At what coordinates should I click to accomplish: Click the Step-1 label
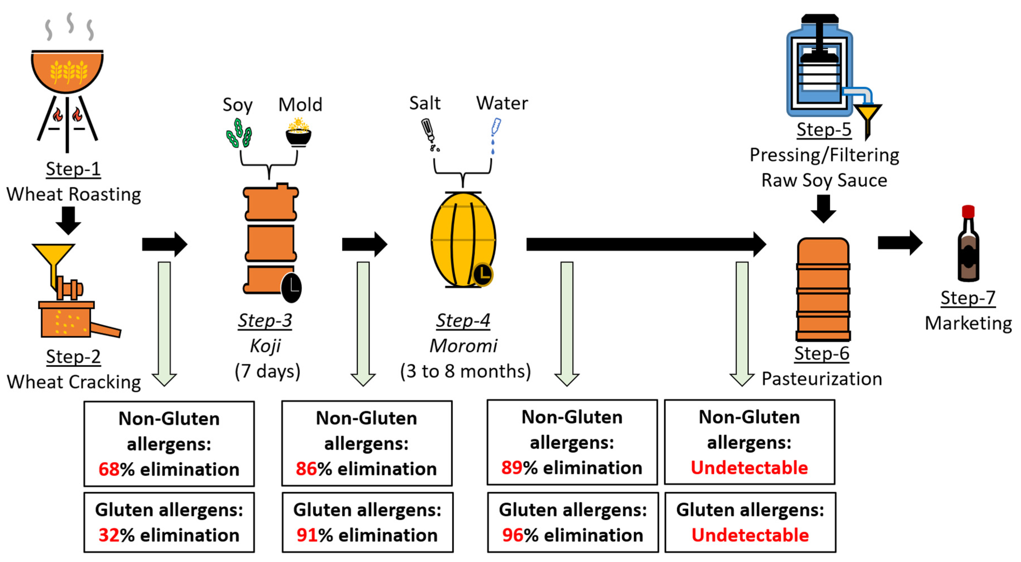(x=73, y=169)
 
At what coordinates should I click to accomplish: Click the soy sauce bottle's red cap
(x=968, y=211)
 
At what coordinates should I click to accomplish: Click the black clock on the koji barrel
(x=291, y=288)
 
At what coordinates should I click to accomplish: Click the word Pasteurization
(x=822, y=379)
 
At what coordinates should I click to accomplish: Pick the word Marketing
(x=968, y=323)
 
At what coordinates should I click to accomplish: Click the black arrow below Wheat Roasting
(x=68, y=221)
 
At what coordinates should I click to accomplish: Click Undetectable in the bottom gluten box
(x=750, y=535)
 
